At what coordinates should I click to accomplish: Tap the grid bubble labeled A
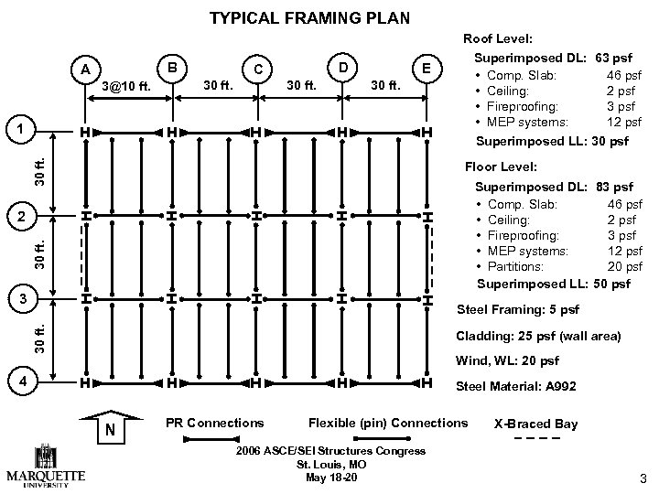point(85,70)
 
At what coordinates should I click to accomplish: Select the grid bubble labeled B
point(171,67)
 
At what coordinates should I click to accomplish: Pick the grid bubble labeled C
point(259,70)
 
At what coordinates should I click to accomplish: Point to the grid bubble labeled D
point(341,67)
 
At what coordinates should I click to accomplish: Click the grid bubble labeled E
point(427,70)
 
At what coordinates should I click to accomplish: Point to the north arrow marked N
point(110,428)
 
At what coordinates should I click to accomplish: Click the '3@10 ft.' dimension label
point(126,87)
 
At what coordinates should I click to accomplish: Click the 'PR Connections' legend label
point(214,423)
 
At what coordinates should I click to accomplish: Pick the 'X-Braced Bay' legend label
point(535,424)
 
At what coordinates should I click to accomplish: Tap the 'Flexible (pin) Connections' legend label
point(387,423)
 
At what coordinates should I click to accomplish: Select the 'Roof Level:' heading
point(494,38)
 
